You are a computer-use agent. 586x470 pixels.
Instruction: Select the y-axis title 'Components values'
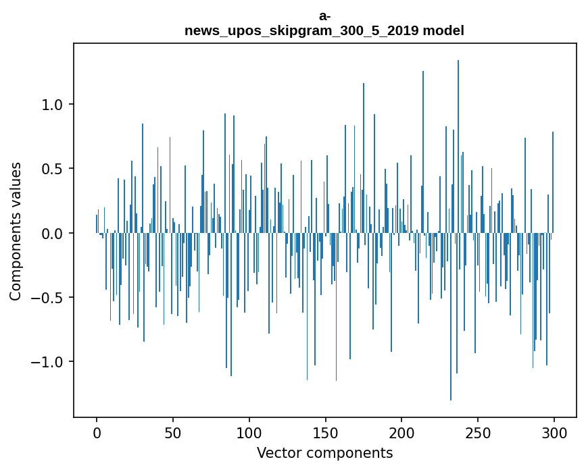[16, 231]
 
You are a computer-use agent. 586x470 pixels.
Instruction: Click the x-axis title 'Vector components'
[324, 453]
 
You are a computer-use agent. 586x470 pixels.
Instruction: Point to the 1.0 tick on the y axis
[51, 105]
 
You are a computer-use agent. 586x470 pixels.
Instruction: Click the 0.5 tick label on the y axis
[51, 169]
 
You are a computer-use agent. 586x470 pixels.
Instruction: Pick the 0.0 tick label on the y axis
[51, 234]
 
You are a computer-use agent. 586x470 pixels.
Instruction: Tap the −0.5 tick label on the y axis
[47, 298]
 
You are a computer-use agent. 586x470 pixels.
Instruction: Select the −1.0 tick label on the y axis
[47, 362]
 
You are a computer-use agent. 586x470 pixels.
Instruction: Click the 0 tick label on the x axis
[97, 432]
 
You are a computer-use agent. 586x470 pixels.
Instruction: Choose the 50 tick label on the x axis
[173, 432]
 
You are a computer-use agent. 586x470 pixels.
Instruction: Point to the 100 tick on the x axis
[249, 432]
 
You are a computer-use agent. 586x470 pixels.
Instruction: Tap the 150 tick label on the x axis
[326, 432]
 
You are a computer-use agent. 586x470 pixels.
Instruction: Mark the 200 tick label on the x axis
[402, 432]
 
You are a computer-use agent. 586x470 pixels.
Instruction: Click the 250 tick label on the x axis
[478, 432]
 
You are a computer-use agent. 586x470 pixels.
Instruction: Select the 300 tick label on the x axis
[554, 432]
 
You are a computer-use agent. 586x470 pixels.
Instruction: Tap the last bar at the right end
[553, 182]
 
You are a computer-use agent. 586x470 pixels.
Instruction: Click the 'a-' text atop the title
[324, 17]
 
